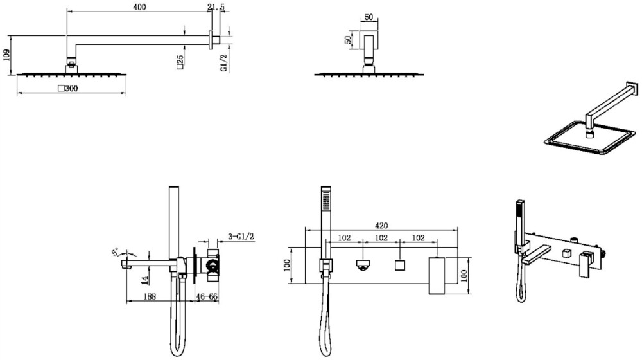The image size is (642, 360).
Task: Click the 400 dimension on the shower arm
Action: (139, 7)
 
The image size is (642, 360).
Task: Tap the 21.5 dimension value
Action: (216, 7)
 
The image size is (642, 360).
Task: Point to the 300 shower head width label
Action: (68, 88)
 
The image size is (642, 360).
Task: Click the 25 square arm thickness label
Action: (180, 60)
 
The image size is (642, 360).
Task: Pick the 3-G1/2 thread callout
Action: (241, 237)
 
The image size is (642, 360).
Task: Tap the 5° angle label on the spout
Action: (115, 251)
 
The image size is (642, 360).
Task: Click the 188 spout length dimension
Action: (150, 296)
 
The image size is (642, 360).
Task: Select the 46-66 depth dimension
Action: (207, 296)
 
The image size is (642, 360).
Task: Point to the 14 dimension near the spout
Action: (144, 280)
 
